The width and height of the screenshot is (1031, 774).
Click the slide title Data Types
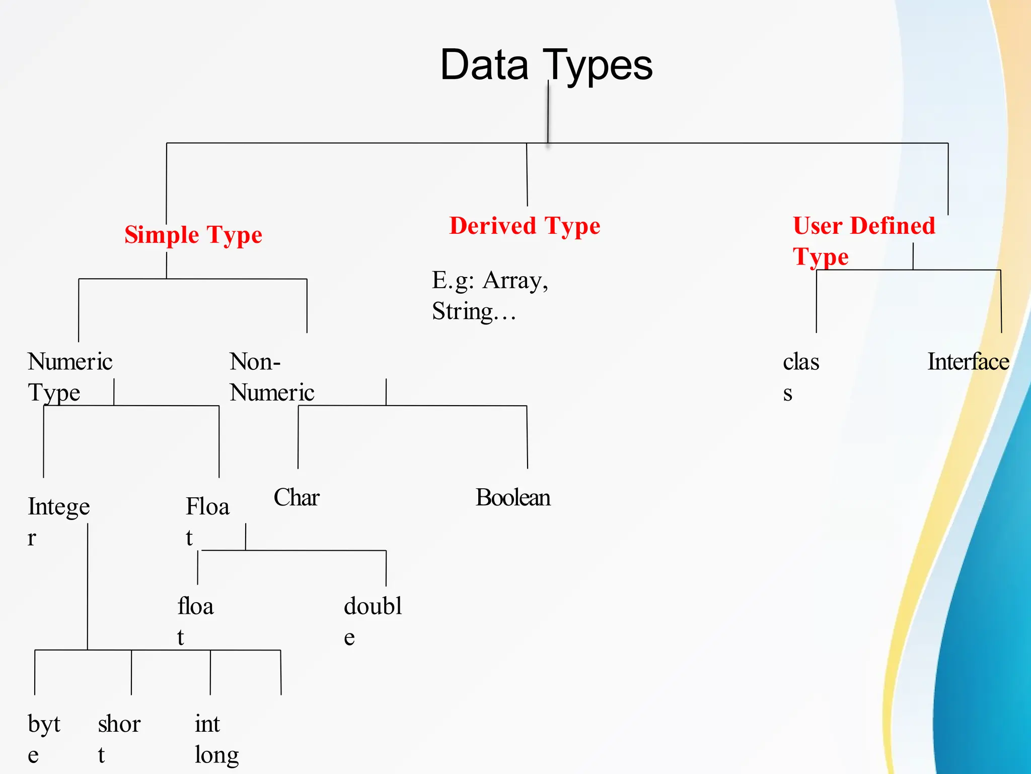tap(546, 66)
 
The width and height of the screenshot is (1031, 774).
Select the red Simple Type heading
tap(193, 235)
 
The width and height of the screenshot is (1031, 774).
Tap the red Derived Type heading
tap(525, 226)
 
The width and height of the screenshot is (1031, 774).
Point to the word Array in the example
tap(514, 280)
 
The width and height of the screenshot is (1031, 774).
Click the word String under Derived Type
tap(462, 311)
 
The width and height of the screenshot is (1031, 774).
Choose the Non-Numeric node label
tap(272, 377)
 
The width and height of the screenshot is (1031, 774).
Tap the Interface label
tap(968, 362)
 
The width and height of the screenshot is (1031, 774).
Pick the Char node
tap(297, 498)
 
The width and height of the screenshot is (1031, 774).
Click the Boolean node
tap(513, 498)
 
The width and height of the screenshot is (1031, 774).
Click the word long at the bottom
tap(216, 755)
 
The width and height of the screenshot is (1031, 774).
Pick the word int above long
tap(207, 725)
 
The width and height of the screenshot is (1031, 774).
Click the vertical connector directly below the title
tap(548, 113)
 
